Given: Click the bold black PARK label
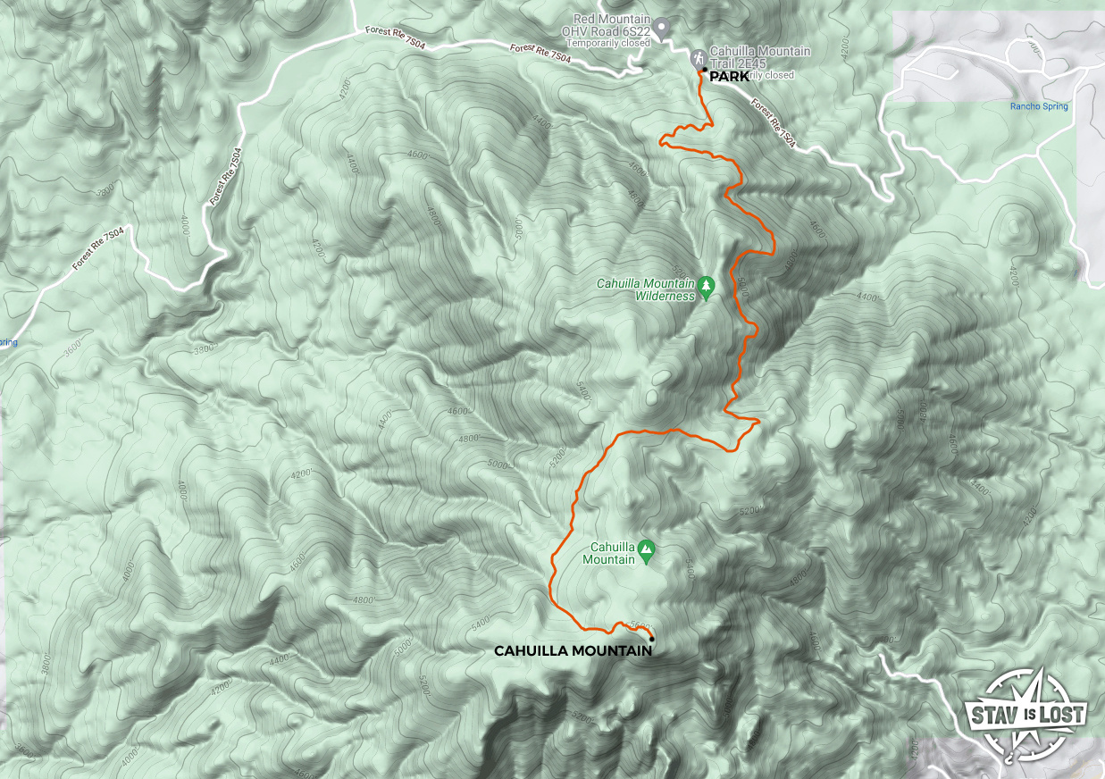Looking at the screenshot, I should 729,77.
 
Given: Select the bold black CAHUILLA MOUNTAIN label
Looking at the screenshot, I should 573,651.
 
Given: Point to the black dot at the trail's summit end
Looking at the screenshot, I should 652,639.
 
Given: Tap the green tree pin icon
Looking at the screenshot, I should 707,287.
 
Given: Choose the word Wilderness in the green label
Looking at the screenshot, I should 664,296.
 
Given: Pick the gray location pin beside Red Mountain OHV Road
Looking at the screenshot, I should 661,29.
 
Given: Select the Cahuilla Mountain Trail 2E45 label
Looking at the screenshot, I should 760,57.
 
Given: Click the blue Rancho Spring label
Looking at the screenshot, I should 1039,106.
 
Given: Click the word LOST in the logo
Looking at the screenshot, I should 1067,715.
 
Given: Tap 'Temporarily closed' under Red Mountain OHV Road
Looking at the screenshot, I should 603,42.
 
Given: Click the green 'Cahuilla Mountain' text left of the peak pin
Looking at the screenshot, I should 613,554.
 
